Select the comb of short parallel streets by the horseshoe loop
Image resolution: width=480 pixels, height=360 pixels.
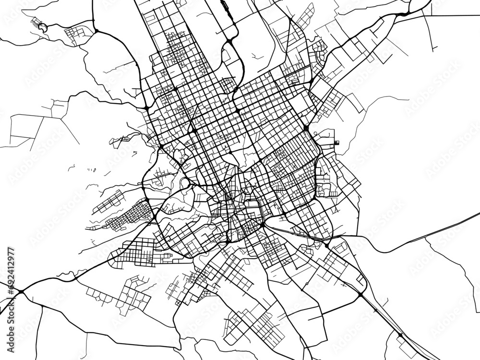pyautogui.click(x=35, y=22)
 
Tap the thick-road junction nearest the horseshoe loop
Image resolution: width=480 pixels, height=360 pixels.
pyautogui.click(x=96, y=32)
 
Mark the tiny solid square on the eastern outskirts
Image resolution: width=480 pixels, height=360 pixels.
pyautogui.click(x=336, y=143)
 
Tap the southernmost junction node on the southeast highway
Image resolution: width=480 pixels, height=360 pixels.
pyautogui.click(x=400, y=334)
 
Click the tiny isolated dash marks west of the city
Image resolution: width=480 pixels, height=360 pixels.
pyautogui.click(x=91, y=169)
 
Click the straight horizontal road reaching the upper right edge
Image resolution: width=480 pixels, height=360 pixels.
pyautogui.click(x=451, y=15)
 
